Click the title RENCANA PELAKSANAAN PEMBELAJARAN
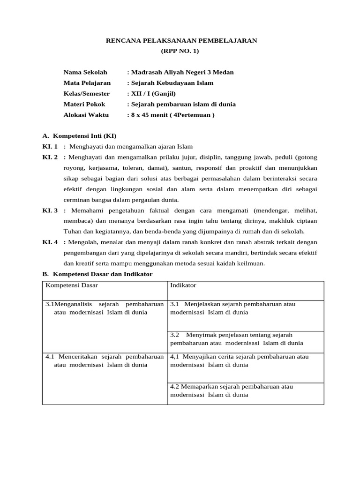point(182,41)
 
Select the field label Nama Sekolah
point(85,72)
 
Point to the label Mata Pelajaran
point(87,83)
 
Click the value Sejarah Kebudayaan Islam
point(172,83)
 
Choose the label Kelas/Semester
point(87,94)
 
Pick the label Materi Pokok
point(84,105)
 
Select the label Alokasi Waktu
point(86,115)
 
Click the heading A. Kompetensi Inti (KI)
point(79,136)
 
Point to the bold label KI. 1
point(50,147)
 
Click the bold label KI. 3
point(50,210)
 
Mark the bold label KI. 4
point(50,242)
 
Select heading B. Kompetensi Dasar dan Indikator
point(97,274)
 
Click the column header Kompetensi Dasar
point(72,285)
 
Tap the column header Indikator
point(183,285)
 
